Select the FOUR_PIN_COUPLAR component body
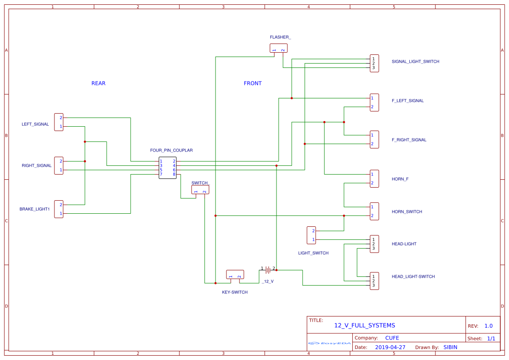[x=168, y=168]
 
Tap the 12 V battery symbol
[x=268, y=270]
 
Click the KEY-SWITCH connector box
[x=235, y=275]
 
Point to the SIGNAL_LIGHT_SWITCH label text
[x=415, y=61]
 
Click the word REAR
[x=98, y=83]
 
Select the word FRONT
[x=253, y=83]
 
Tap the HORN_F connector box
[x=374, y=179]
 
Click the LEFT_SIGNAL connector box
[x=59, y=122]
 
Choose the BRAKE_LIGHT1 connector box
[x=59, y=209]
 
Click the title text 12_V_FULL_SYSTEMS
[x=364, y=325]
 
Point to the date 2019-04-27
[x=390, y=347]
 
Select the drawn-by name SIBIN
[x=450, y=347]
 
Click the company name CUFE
[x=392, y=338]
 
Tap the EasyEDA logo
[x=330, y=343]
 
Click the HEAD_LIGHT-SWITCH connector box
[x=374, y=281]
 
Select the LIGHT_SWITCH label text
[x=313, y=253]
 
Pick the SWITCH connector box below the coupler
[x=200, y=190]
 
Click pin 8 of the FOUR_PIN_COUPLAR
[x=174, y=174]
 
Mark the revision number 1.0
[x=489, y=326]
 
